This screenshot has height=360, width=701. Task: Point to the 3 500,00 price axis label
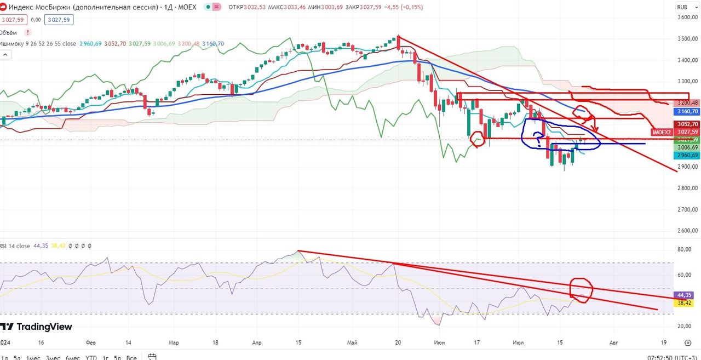pyautogui.click(x=688, y=39)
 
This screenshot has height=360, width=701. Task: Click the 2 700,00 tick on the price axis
pyautogui.click(x=688, y=209)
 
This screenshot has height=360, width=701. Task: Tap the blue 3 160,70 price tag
pyautogui.click(x=688, y=111)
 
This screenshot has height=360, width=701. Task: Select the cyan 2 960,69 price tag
pyautogui.click(x=688, y=155)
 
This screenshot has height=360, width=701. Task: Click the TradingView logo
pyautogui.click(x=37, y=327)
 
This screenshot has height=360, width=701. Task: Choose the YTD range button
pyautogui.click(x=91, y=358)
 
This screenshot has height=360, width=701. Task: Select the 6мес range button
pyautogui.click(x=73, y=358)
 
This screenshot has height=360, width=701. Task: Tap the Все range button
pyautogui.click(x=131, y=358)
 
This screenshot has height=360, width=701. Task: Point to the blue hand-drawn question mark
pyautogui.click(x=538, y=141)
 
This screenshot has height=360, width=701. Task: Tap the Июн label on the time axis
pyautogui.click(x=439, y=342)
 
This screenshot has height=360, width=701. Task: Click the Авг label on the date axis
pyautogui.click(x=614, y=342)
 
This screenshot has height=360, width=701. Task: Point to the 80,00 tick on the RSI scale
pyautogui.click(x=685, y=249)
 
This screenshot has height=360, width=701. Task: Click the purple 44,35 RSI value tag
pyautogui.click(x=685, y=295)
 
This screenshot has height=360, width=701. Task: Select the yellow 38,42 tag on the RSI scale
pyautogui.click(x=685, y=302)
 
